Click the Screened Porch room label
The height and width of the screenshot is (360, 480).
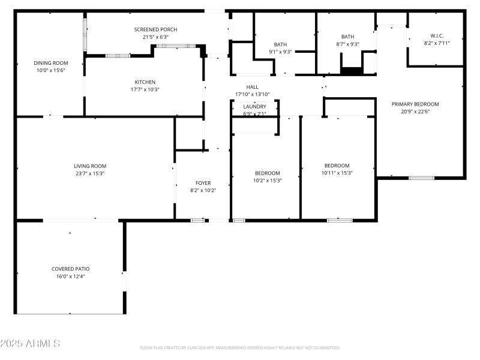(155, 29)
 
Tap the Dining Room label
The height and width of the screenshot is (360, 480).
(50, 63)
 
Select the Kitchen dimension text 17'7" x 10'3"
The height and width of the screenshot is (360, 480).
(145, 89)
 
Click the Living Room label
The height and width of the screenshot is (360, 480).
(90, 166)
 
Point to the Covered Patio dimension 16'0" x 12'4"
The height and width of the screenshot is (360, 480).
(70, 277)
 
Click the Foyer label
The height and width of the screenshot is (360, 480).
(203, 183)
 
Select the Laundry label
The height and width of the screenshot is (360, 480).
(254, 107)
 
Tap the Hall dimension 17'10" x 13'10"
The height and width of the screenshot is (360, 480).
(252, 94)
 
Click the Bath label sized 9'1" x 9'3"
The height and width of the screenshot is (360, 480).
(281, 44)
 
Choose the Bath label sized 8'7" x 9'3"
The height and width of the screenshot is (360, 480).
(348, 37)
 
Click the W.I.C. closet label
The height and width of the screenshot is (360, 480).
(436, 35)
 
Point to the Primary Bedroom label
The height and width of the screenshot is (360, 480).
(415, 104)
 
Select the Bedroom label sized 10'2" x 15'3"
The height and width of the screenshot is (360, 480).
(267, 173)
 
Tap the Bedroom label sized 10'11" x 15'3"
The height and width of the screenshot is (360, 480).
(337, 166)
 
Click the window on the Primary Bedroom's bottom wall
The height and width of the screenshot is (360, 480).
(421, 178)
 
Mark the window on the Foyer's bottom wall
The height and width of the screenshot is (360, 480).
(198, 220)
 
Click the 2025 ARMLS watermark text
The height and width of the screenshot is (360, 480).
(30, 344)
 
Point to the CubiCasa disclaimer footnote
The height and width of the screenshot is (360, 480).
(240, 348)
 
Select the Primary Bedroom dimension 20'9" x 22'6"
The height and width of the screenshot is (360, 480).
(415, 111)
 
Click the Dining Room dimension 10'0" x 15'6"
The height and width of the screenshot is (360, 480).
(50, 70)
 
